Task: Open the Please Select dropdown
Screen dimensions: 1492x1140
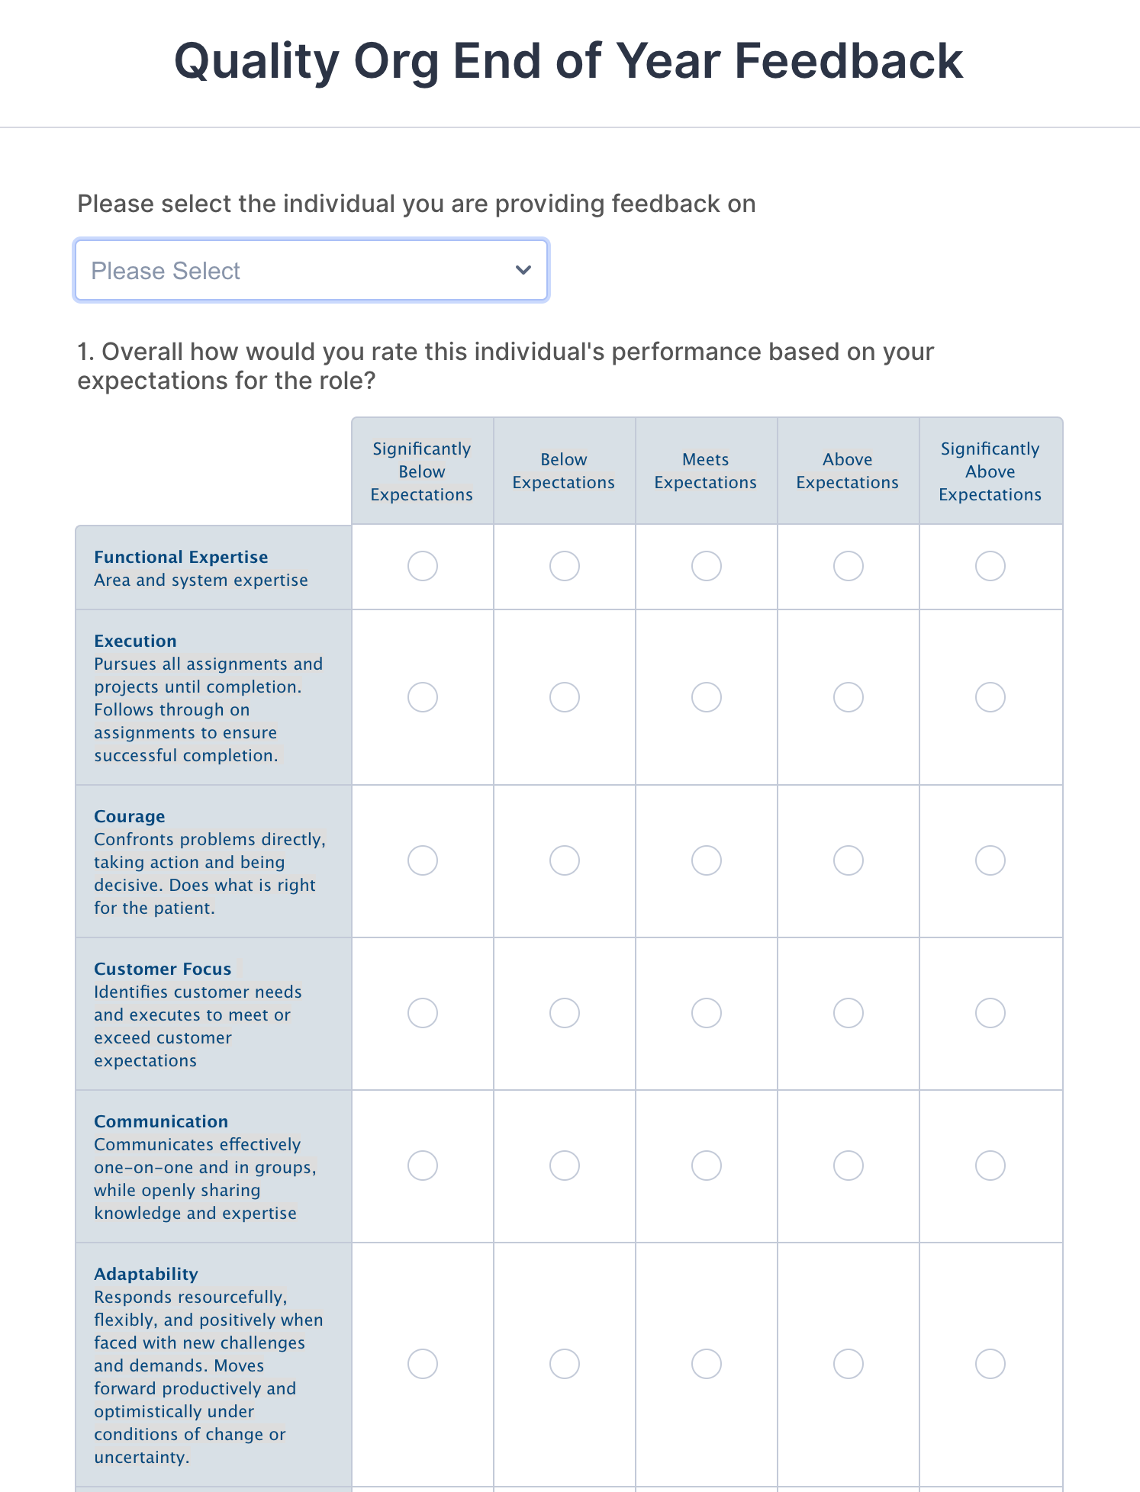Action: [311, 271]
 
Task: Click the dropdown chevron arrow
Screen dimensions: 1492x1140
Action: [523, 270]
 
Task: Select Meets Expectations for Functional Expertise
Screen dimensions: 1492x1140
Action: [706, 566]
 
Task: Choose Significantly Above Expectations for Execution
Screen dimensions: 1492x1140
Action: [990, 697]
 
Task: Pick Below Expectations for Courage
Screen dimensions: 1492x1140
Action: [564, 860]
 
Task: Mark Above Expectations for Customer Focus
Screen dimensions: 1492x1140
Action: [848, 1013]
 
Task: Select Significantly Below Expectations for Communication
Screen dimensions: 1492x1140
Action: [422, 1166]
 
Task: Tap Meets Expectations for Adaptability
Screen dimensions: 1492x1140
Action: [706, 1364]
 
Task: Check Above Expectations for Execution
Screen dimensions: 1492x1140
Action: [848, 697]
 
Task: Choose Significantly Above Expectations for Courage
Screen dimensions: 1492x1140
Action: [990, 860]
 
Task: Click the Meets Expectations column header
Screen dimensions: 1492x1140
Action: [706, 471]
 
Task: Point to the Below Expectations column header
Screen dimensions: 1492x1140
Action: [564, 471]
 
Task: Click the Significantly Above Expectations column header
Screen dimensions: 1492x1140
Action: [990, 471]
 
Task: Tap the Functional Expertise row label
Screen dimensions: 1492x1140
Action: [181, 557]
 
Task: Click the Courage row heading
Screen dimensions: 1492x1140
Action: [130, 816]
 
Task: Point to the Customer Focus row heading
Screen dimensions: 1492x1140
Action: [163, 969]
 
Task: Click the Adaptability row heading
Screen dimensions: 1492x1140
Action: [146, 1274]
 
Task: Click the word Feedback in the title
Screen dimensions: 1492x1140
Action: [849, 61]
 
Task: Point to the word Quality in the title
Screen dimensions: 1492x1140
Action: [256, 61]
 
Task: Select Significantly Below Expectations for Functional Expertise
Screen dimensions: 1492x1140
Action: [422, 566]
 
